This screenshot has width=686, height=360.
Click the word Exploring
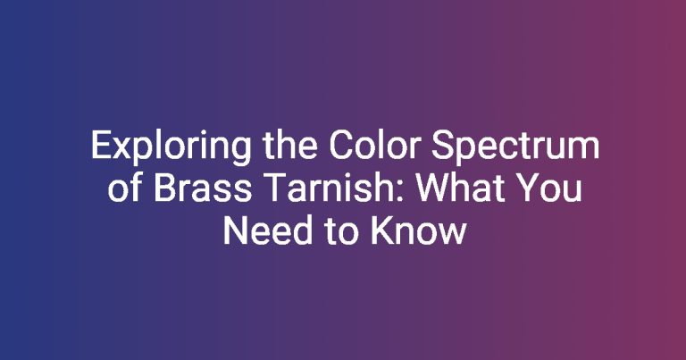(171, 147)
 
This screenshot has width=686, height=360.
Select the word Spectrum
(515, 147)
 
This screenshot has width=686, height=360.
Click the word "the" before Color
(290, 146)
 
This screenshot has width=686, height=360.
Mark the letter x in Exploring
(119, 149)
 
